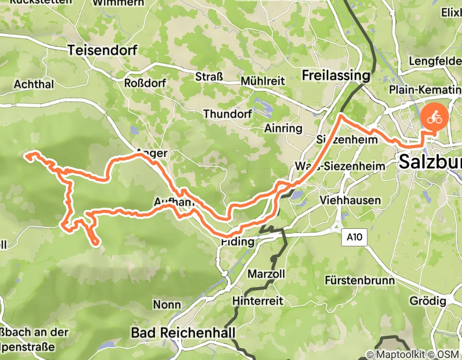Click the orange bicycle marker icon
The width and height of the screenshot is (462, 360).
pos(435,116)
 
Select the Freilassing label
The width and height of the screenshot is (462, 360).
pos(343,75)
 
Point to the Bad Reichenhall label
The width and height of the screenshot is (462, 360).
pos(177,332)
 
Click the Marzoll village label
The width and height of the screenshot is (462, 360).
pos(266,274)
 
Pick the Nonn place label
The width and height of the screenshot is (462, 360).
pos(167,305)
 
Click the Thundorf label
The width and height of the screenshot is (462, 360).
pos(225,113)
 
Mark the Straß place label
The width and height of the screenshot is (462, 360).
pos(209,77)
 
